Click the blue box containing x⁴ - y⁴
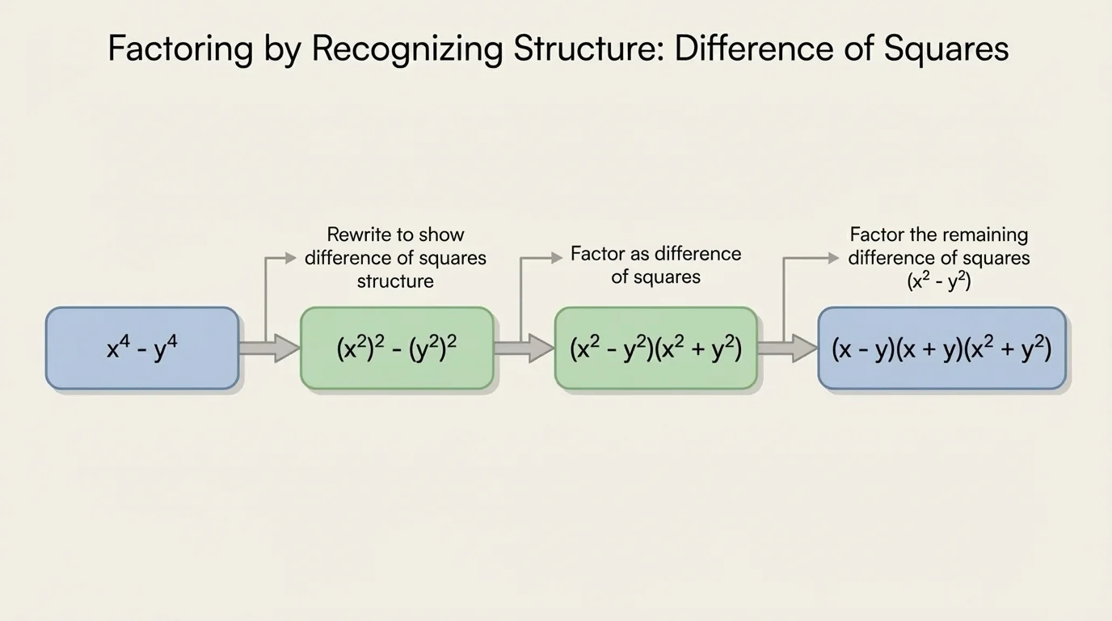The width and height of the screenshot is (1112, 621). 142,348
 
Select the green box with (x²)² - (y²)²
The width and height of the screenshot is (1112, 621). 397,348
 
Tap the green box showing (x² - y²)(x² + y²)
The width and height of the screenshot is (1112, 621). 655,348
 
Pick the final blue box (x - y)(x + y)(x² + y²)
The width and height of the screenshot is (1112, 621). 941,348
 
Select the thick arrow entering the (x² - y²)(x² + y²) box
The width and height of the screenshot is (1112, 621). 524,348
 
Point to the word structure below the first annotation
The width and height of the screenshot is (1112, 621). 395,281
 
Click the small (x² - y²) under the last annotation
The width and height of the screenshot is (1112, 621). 939,281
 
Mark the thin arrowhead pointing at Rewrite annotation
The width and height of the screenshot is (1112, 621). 292,258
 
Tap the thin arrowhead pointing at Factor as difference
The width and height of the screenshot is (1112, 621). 557,257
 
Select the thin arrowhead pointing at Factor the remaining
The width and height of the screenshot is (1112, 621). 833,258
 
